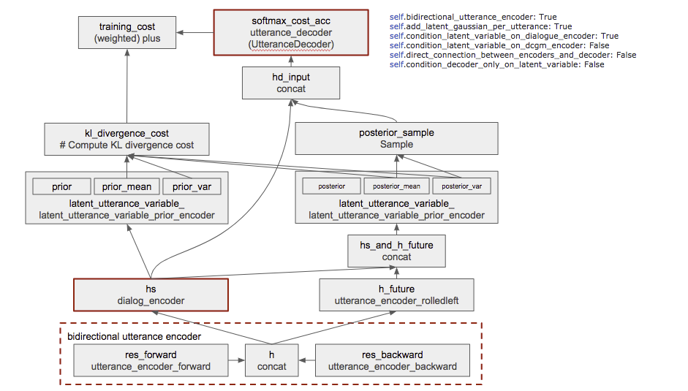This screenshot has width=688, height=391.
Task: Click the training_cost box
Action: coord(127,33)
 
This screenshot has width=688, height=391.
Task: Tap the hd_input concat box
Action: coord(291,83)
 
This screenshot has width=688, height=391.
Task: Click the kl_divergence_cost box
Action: coord(126,139)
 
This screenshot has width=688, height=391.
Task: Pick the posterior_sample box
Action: coord(396,138)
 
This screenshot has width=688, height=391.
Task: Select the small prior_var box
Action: coord(192,187)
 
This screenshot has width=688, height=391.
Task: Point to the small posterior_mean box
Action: coord(396,186)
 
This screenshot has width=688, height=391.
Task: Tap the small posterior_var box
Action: coord(461,186)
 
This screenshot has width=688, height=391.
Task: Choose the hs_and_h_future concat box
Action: coord(396,251)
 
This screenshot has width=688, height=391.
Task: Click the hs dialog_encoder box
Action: coord(151,295)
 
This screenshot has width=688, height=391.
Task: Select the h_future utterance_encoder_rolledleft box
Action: coord(396,295)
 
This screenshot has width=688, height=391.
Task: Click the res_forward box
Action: coord(151,360)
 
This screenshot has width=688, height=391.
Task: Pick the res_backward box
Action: coord(393,360)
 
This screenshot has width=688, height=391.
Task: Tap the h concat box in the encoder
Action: coord(272,360)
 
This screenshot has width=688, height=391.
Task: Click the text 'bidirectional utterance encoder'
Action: coord(134,336)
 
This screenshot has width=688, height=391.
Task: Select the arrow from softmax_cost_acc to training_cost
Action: coord(194,33)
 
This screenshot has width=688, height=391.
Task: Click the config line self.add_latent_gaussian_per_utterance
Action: coord(480,26)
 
